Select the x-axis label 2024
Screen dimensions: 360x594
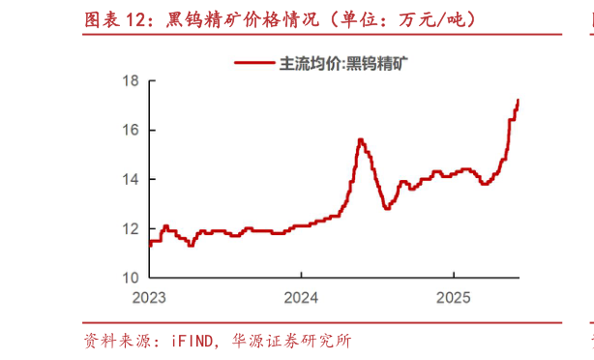[301, 296]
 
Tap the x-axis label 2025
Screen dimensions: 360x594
[453, 296]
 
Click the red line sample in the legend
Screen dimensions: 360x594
[254, 64]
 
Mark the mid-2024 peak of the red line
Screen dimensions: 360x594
[360, 139]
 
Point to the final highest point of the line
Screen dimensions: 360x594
[519, 100]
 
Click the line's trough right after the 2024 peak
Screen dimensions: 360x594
[387, 208]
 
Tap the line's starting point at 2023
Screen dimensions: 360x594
[149, 245]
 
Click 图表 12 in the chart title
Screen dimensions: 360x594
[117, 18]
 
